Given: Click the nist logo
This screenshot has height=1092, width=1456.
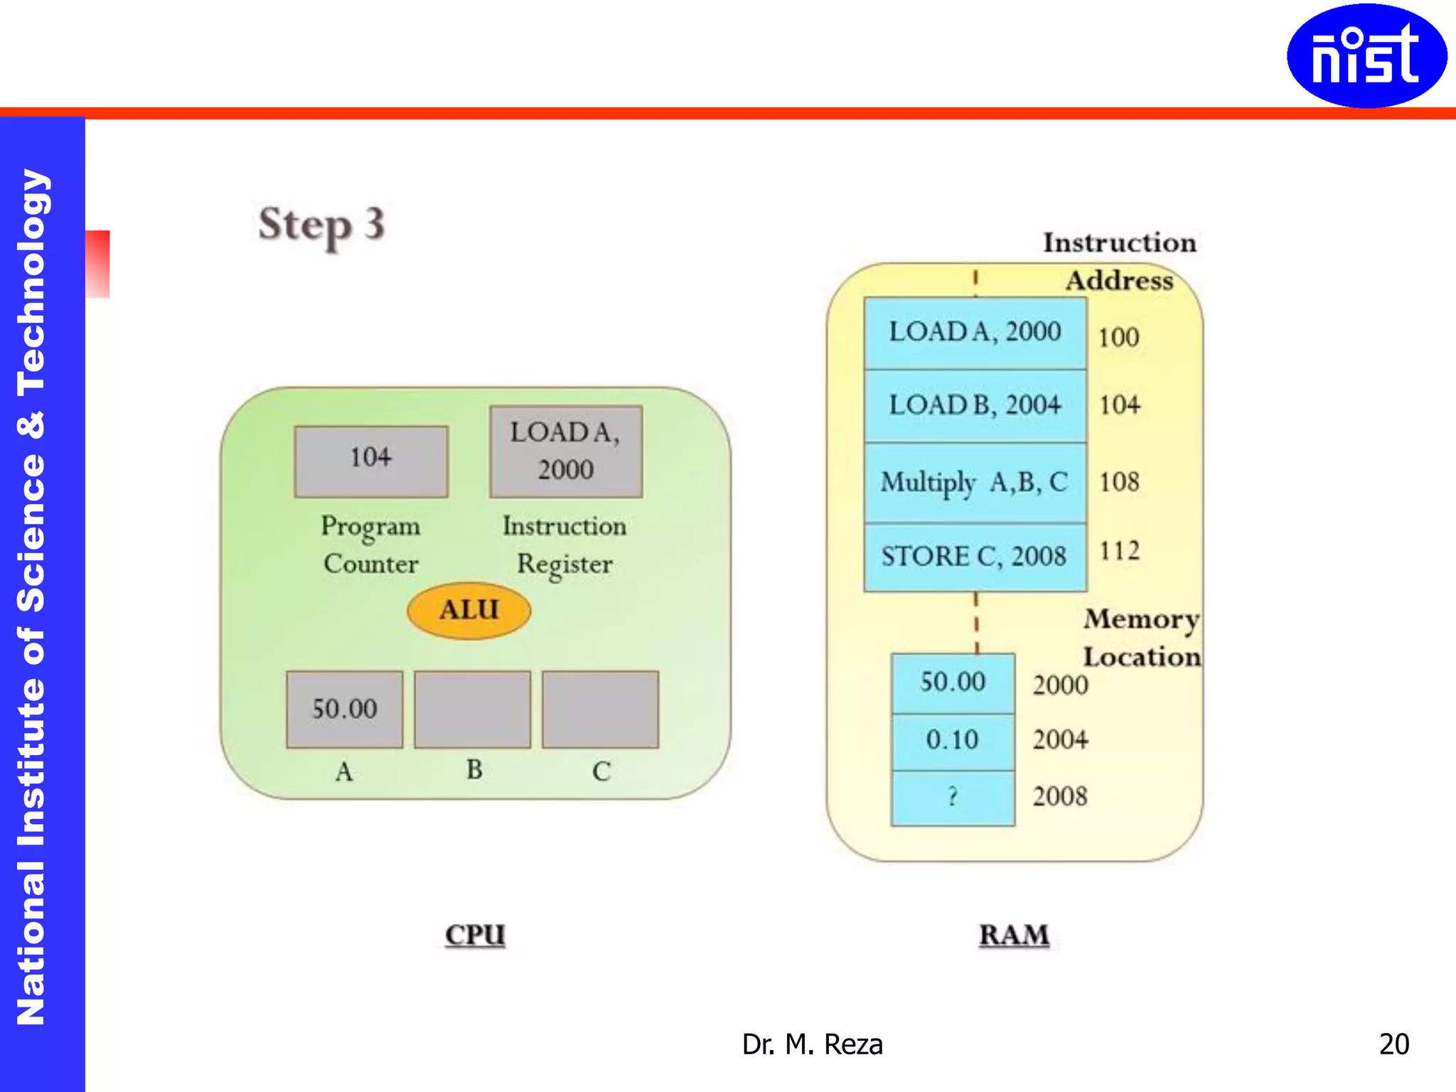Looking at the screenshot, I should pos(1366,55).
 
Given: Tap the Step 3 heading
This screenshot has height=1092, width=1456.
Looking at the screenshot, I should pos(321,225).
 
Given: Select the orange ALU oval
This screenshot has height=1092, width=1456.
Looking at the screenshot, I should pos(469,610).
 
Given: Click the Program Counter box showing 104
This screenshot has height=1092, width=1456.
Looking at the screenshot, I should pos(370,461).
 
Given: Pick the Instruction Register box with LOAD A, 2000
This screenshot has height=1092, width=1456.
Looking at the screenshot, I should pos(566,451).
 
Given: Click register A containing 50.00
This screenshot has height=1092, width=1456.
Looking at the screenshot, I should pos(344,709).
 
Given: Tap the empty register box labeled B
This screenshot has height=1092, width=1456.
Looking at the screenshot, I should pos(472,709).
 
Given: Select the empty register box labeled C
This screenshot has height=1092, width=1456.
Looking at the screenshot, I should pos(600,709).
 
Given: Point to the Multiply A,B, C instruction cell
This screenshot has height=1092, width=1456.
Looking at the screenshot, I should pos(975,483).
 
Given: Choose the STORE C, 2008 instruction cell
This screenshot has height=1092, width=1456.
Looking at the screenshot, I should pos(975,557).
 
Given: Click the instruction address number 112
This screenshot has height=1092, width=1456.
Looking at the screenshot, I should pos(1119,550).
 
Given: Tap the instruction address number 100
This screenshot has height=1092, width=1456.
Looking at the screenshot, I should pos(1118,337).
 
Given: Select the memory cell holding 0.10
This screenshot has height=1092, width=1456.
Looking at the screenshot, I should pos(953,741).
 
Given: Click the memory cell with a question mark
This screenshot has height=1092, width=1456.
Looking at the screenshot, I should pos(953,797).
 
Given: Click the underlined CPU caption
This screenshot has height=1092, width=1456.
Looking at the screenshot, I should pos(475,934).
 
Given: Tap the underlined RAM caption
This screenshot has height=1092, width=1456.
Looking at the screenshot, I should pos(1014,934).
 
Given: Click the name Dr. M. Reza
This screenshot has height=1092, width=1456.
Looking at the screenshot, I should pos(812,1044).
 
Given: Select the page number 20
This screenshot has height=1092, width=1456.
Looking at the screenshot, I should pos(1393,1044).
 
